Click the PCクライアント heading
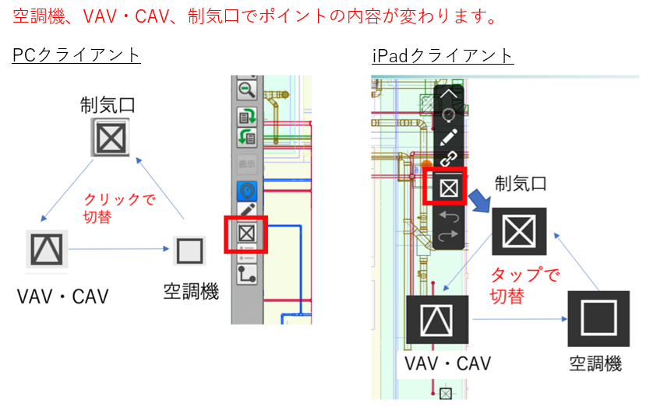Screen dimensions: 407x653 point(76,54)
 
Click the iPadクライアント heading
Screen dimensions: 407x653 point(443,55)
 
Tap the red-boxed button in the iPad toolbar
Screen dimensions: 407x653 point(449,187)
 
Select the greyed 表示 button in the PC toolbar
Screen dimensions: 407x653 point(247,165)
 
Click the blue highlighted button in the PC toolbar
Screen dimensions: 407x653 point(247,189)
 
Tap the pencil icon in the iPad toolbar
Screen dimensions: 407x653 point(449,138)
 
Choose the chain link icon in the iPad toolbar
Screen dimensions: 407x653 point(449,160)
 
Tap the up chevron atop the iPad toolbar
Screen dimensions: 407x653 point(449,93)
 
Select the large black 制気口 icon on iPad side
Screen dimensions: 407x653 point(519,232)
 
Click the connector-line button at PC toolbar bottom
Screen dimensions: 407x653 point(247,272)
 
